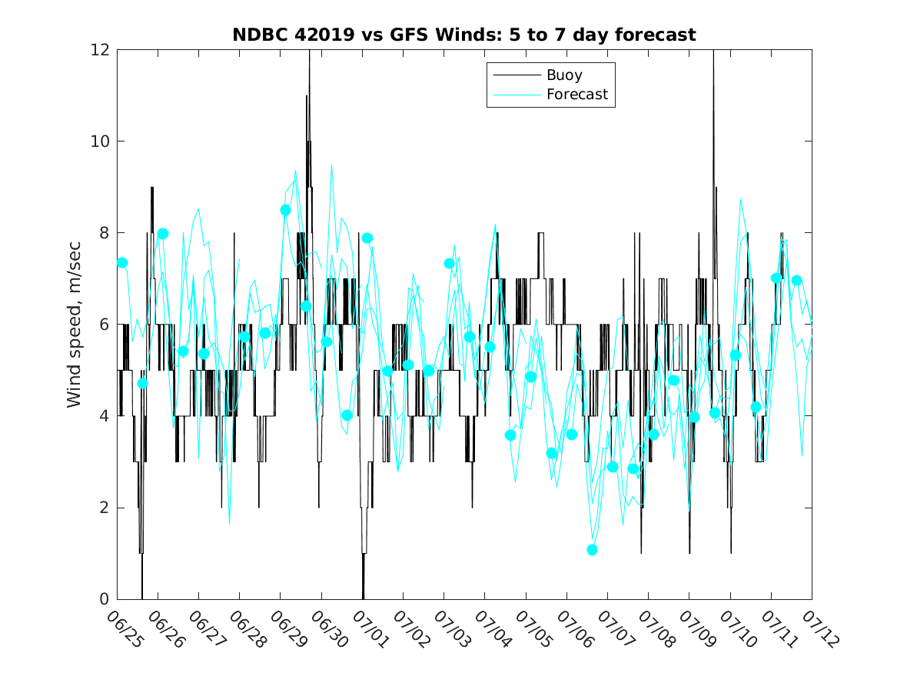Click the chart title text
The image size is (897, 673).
pyautogui.click(x=464, y=35)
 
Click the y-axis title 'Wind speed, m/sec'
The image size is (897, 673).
pyautogui.click(x=74, y=325)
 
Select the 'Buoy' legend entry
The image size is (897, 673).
pyautogui.click(x=564, y=75)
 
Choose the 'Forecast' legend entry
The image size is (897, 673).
pyautogui.click(x=577, y=94)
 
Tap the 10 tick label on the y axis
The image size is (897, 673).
pyautogui.click(x=100, y=142)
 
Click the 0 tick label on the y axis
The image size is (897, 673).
pyautogui.click(x=104, y=599)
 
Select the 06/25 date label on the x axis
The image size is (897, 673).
pyautogui.click(x=125, y=629)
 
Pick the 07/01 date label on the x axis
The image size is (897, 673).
pyautogui.click(x=370, y=629)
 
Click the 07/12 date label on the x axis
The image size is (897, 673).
pyautogui.click(x=821, y=629)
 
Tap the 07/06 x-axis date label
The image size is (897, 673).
pyautogui.click(x=575, y=629)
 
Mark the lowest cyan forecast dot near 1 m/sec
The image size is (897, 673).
pyautogui.click(x=592, y=550)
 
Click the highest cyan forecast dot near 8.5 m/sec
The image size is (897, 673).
pyautogui.click(x=285, y=211)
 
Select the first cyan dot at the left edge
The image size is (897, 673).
pyautogui.click(x=122, y=263)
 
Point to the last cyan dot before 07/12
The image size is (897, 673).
pyautogui.click(x=797, y=281)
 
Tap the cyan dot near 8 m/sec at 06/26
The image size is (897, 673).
pyautogui.click(x=162, y=234)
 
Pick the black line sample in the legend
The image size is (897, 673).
pyautogui.click(x=517, y=75)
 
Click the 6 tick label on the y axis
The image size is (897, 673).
pyautogui.click(x=104, y=325)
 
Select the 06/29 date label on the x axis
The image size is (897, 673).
pyautogui.click(x=289, y=629)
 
